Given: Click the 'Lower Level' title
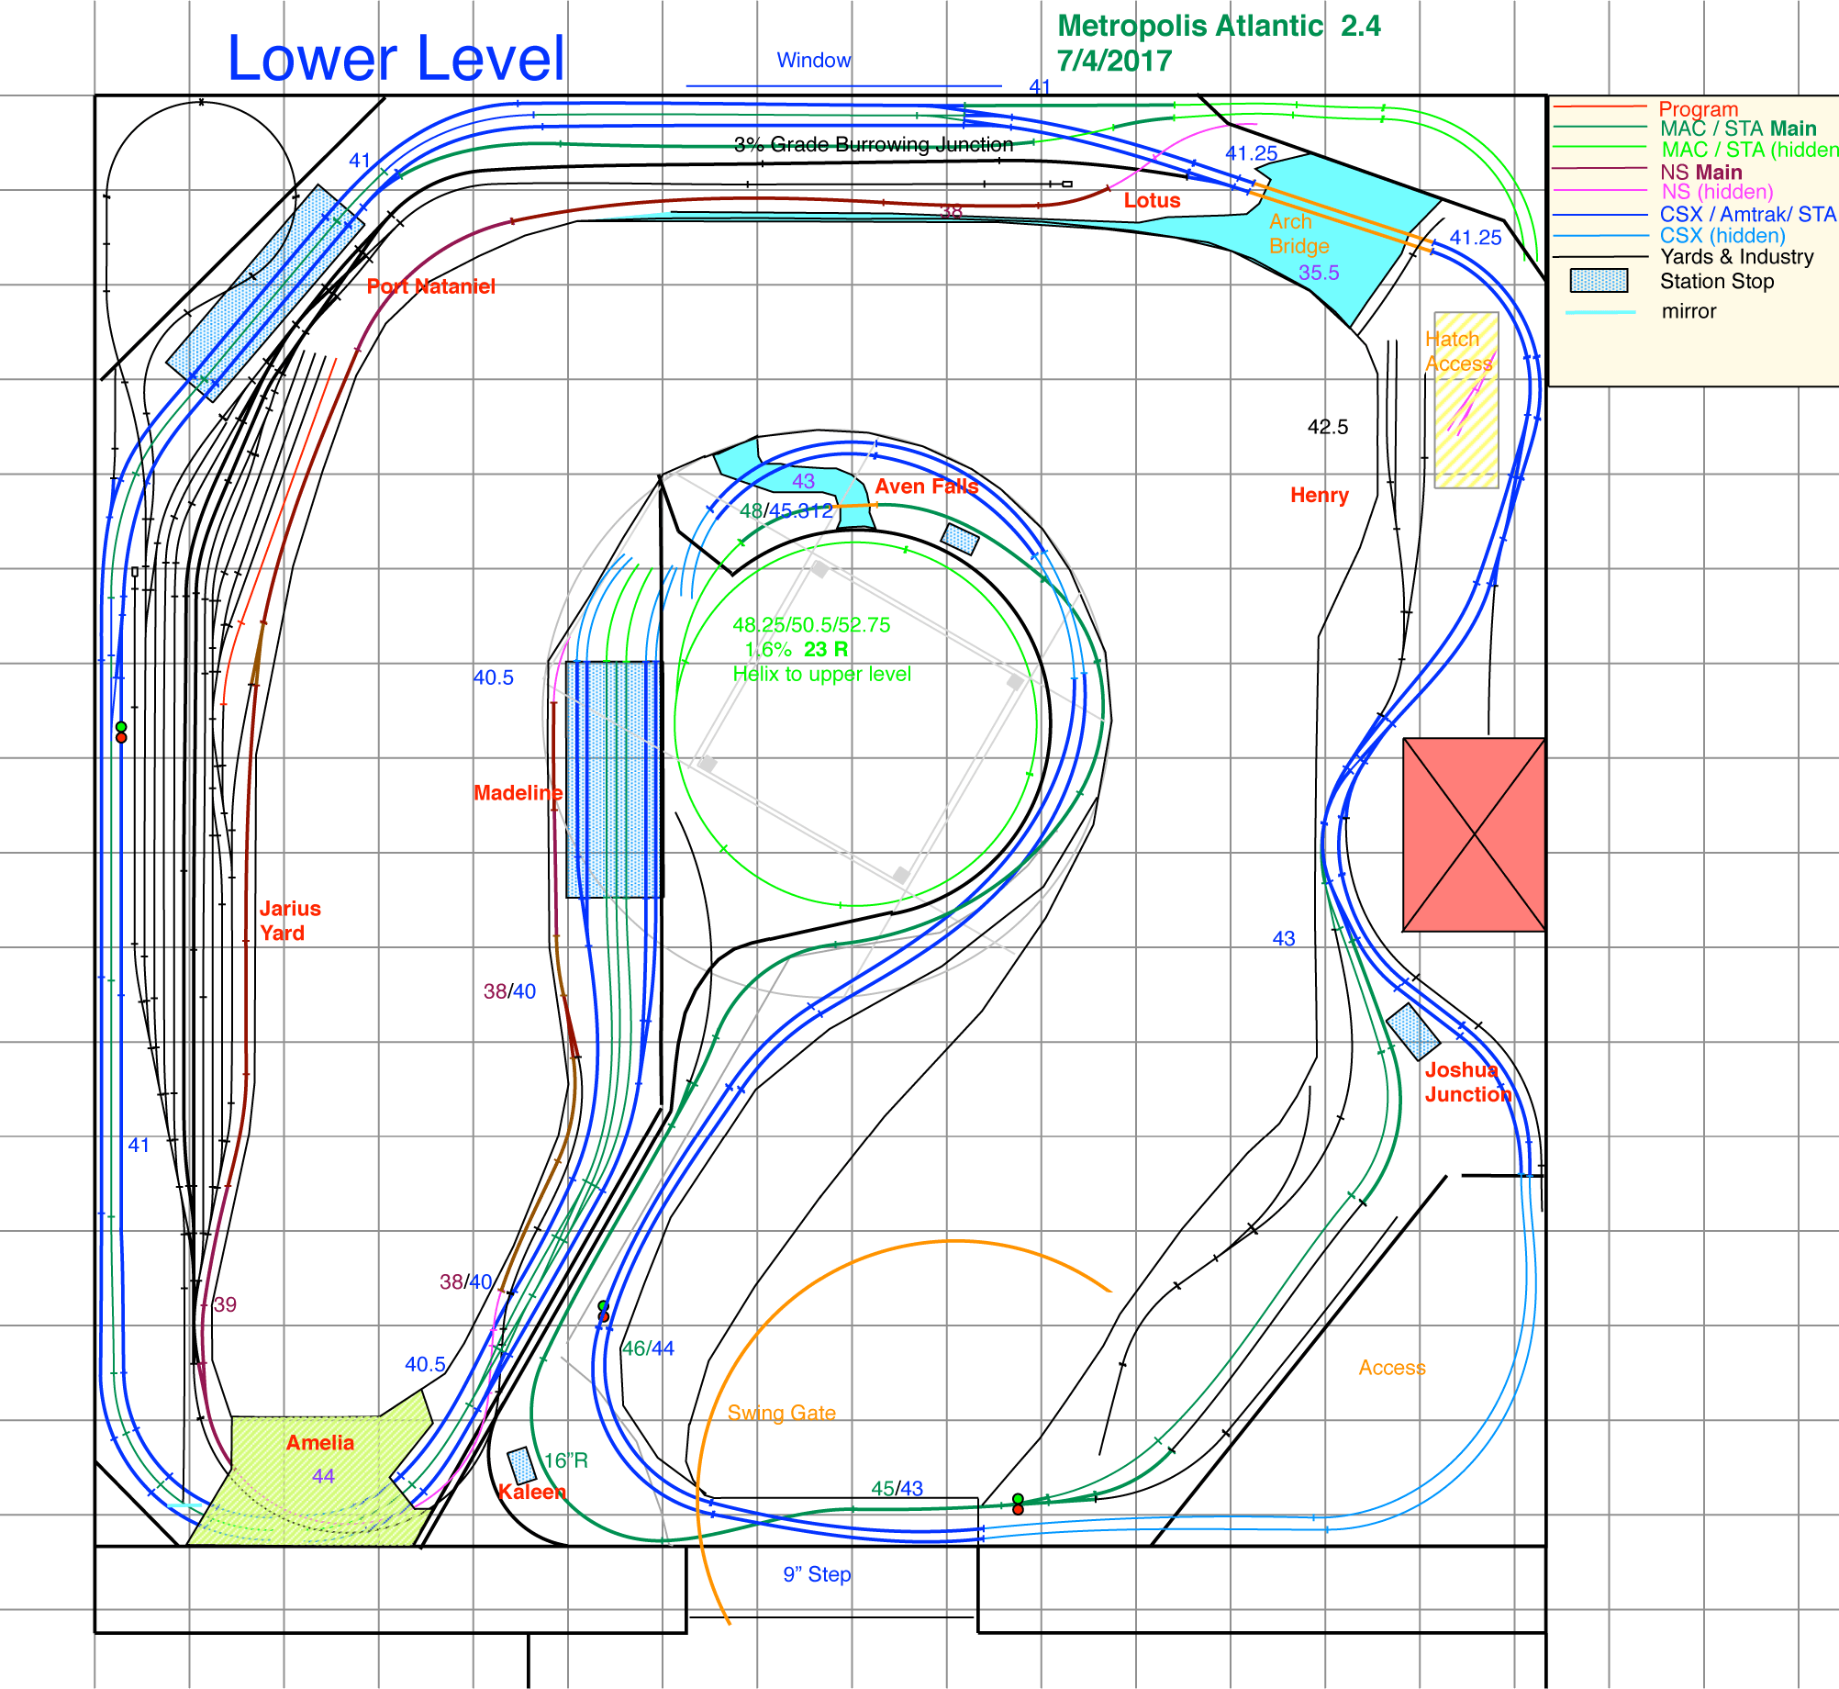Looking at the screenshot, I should [396, 59].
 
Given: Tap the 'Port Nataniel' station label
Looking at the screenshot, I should [430, 286].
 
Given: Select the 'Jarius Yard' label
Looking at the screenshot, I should [289, 921].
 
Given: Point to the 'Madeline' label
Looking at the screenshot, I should [518, 793].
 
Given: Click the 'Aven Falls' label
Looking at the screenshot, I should [926, 487].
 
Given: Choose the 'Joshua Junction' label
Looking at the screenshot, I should [1467, 1082].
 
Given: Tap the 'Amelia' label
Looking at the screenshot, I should [319, 1443].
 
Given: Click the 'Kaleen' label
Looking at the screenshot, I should [531, 1493].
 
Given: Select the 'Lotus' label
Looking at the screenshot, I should [1152, 201].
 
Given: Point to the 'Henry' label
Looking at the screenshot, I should [1319, 496].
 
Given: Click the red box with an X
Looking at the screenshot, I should [1473, 834].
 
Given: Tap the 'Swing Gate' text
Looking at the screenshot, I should [781, 1414].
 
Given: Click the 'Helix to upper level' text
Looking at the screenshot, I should [821, 675].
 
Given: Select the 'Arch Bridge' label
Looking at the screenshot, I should [1298, 234].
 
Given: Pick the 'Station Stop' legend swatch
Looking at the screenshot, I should [1599, 281].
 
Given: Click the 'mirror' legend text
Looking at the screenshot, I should [1689, 311].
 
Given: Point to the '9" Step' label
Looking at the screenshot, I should [817, 1575].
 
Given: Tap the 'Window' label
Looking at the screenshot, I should [813, 61].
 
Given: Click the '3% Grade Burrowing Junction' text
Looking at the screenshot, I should [873, 145].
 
